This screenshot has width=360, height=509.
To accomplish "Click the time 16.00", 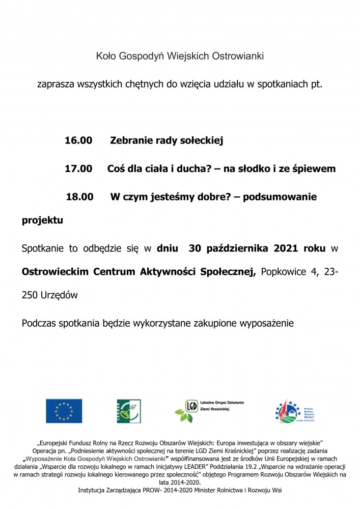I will [78, 140].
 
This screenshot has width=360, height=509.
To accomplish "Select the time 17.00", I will [78, 168].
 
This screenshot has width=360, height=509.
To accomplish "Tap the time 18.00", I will [79, 196].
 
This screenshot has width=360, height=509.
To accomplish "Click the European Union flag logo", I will [64, 411].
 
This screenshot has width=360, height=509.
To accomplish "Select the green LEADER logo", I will [129, 411].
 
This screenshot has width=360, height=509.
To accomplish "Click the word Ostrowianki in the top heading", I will [238, 56].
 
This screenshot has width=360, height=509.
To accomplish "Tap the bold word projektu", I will [42, 221].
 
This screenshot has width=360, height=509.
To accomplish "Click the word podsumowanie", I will [280, 196].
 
